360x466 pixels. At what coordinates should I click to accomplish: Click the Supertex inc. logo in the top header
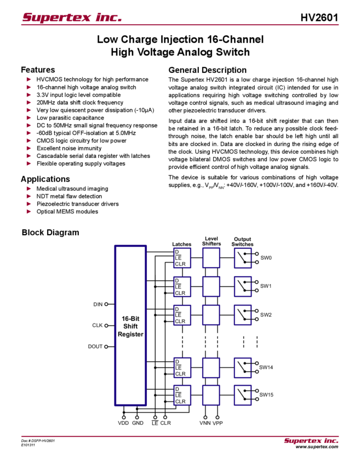pos(72,18)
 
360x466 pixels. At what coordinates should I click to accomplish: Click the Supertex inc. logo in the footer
pos(311,440)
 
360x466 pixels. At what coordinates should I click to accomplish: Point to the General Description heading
pos(207,70)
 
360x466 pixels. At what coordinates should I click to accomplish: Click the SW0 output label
pos(266,257)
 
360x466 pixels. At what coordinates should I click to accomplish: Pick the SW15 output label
pos(266,394)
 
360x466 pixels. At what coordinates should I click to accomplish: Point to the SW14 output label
pos(266,366)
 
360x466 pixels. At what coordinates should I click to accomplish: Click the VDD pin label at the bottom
pos(123,423)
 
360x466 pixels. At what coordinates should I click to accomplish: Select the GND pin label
pos(138,423)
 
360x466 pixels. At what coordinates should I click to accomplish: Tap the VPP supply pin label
pos(218,423)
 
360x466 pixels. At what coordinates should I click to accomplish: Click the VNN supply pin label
pos(205,423)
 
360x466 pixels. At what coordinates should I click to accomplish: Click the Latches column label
pos(181,244)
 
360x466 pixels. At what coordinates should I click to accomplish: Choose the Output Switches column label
pos(242,241)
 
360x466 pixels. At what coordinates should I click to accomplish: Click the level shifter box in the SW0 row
pos(211,258)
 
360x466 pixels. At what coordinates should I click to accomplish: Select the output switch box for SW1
pos(242,286)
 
